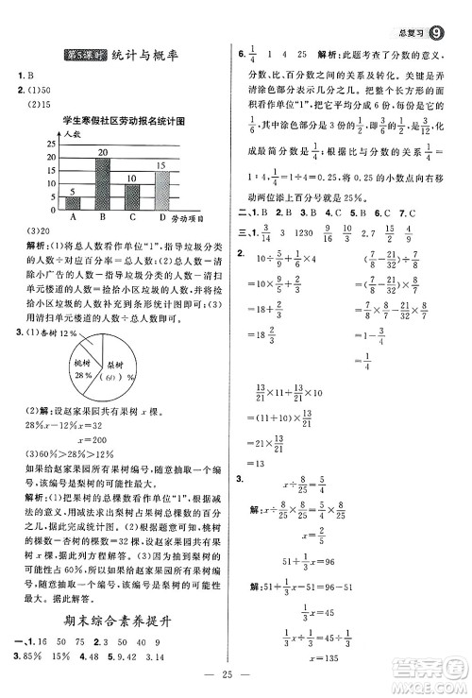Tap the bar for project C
point(132,196)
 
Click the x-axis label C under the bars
point(132,216)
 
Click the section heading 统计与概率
point(148,59)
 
